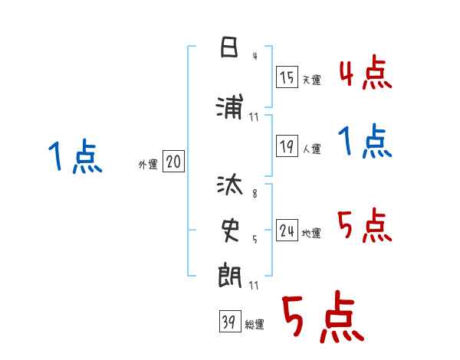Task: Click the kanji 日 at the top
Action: click(228, 49)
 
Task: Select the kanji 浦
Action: click(228, 109)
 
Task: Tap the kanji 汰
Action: click(228, 185)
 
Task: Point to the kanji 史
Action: click(228, 227)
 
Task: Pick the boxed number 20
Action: click(173, 162)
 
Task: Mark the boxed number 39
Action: click(228, 322)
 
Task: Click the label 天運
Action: click(311, 80)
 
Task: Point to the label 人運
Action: click(311, 149)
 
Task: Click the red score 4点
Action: click(365, 73)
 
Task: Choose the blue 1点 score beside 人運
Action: click(365, 142)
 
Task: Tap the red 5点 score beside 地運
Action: click(365, 226)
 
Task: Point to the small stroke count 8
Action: click(254, 194)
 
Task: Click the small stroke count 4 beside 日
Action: click(254, 56)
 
